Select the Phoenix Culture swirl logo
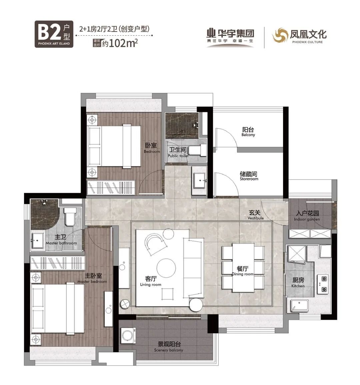tap(279, 35)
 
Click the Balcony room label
tap(248, 132)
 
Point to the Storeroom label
tap(249, 176)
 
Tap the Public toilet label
tap(178, 152)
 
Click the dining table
tap(243, 267)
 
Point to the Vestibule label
tap(256, 215)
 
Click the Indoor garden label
tap(307, 216)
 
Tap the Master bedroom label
tap(92, 278)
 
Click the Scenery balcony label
tap(169, 347)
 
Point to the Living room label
tap(151, 281)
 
